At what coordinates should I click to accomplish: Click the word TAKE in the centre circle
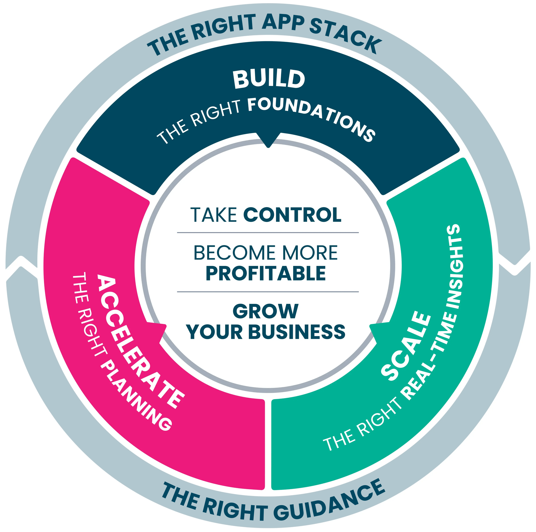pos(213,215)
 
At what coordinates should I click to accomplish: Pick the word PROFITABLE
pos(266,273)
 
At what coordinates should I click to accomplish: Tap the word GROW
pos(266,311)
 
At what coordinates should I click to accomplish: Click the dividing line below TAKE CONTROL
pos(268,233)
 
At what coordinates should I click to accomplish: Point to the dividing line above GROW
pos(268,292)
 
